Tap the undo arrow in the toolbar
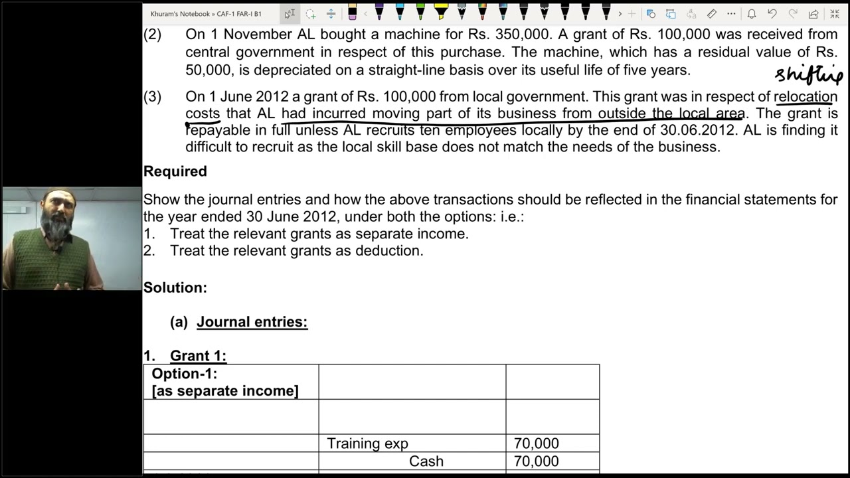772,14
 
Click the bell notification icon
751,14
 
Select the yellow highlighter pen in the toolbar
441,12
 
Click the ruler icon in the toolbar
711,14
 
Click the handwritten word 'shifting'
808,74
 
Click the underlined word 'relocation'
806,97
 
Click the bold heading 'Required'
175,171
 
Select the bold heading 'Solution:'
175,287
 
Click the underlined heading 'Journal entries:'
252,322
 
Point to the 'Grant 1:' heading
198,356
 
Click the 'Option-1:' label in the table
185,374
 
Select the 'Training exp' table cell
367,443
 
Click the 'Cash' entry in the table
426,461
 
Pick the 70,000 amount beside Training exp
536,443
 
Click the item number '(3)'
153,97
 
